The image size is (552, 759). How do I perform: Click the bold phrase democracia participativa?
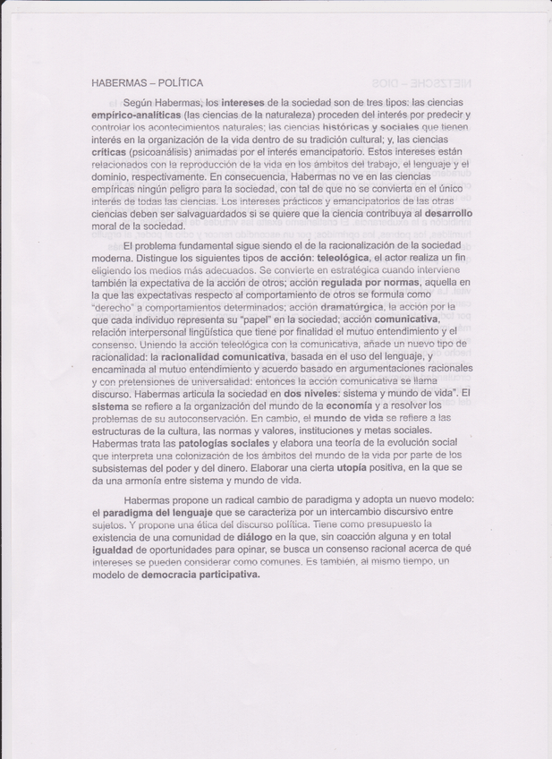point(200,575)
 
